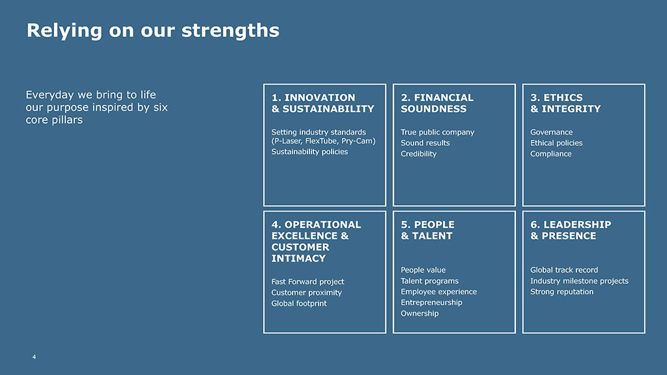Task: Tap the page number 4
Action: [34, 357]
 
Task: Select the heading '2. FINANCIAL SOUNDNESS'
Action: [437, 104]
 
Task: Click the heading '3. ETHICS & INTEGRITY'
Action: [565, 104]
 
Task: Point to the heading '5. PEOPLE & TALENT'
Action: [427, 230]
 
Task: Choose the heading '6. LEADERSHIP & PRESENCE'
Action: [571, 230]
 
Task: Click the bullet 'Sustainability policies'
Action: [309, 152]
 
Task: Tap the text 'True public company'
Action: [437, 132]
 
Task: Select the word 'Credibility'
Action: [419, 154]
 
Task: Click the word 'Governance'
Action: [551, 132]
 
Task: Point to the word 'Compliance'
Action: [551, 154]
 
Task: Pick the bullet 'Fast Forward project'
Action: [307, 281]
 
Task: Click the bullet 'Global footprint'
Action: [299, 303]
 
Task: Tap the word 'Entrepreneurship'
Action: [431, 303]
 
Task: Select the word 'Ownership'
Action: [419, 313]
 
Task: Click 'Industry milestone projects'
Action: [579, 281]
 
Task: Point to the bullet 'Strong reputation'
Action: [561, 292]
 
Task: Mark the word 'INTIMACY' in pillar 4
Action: [298, 258]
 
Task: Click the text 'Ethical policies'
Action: [556, 143]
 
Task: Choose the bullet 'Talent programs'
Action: [429, 281]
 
